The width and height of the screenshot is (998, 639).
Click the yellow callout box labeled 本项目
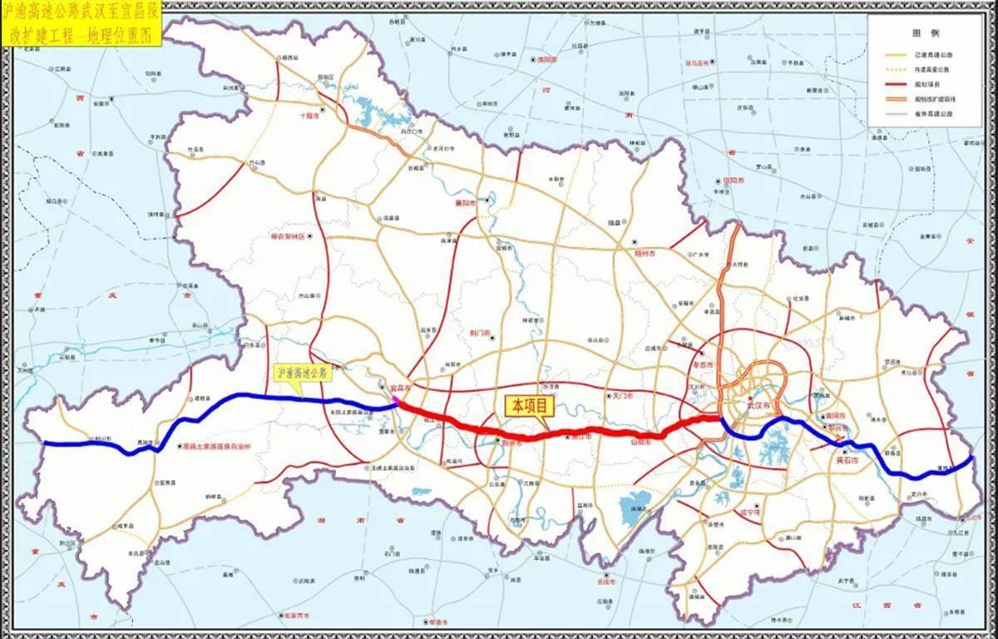coord(529,406)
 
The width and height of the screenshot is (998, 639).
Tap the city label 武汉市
coord(758,405)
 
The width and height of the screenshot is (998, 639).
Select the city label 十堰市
coord(309,116)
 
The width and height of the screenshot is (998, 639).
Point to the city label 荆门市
coord(480,333)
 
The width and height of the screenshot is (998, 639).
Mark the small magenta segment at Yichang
coord(397,403)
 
